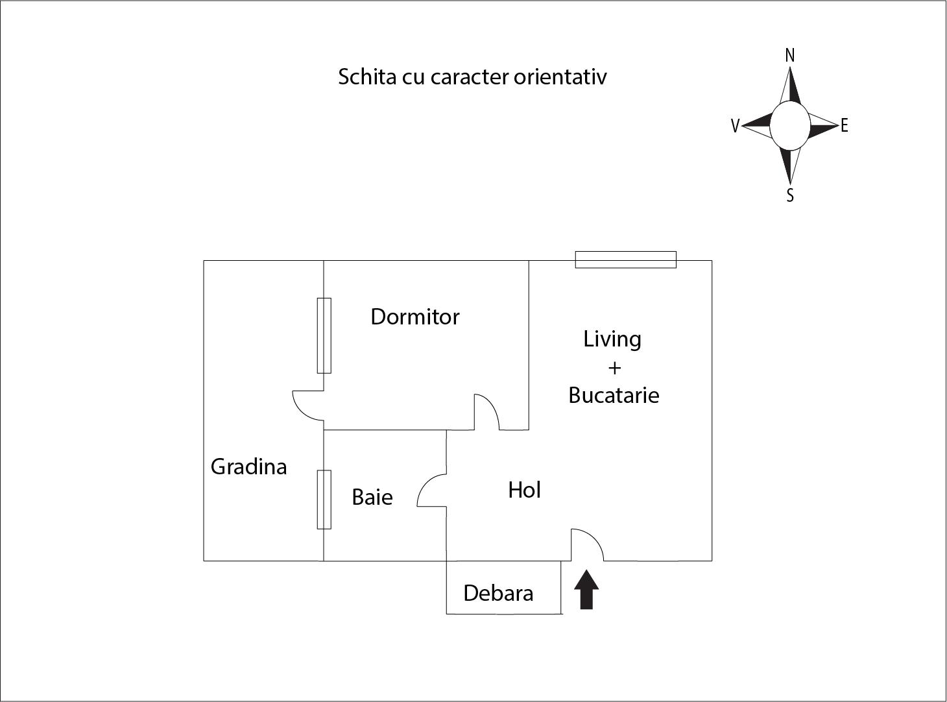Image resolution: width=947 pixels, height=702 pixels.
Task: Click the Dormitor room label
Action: click(x=414, y=317)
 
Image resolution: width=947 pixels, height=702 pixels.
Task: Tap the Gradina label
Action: click(x=248, y=466)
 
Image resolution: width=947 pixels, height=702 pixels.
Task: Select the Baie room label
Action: click(x=372, y=497)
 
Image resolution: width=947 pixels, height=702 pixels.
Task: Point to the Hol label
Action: click(x=524, y=490)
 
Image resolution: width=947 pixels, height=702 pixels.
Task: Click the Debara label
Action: click(x=498, y=593)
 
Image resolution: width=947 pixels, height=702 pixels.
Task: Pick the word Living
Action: click(x=612, y=339)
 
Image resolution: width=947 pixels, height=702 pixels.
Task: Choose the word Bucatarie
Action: click(x=614, y=395)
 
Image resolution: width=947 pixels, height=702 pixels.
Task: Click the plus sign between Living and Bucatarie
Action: click(x=614, y=368)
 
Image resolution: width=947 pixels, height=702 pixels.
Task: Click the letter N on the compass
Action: click(x=789, y=56)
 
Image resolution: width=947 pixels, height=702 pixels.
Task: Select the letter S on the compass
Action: click(x=789, y=195)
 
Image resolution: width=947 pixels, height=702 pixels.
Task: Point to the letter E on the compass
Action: click(x=844, y=126)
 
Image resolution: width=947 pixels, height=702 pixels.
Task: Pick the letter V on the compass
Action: click(x=735, y=126)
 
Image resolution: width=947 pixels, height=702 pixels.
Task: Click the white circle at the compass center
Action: click(x=789, y=125)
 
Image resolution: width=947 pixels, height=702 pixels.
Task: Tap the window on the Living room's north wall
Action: click(x=626, y=260)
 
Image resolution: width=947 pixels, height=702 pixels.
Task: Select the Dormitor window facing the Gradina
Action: click(x=324, y=335)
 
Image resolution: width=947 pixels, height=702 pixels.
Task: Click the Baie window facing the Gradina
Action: click(x=324, y=500)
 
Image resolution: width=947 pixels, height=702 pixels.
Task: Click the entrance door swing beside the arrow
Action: click(x=586, y=545)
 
